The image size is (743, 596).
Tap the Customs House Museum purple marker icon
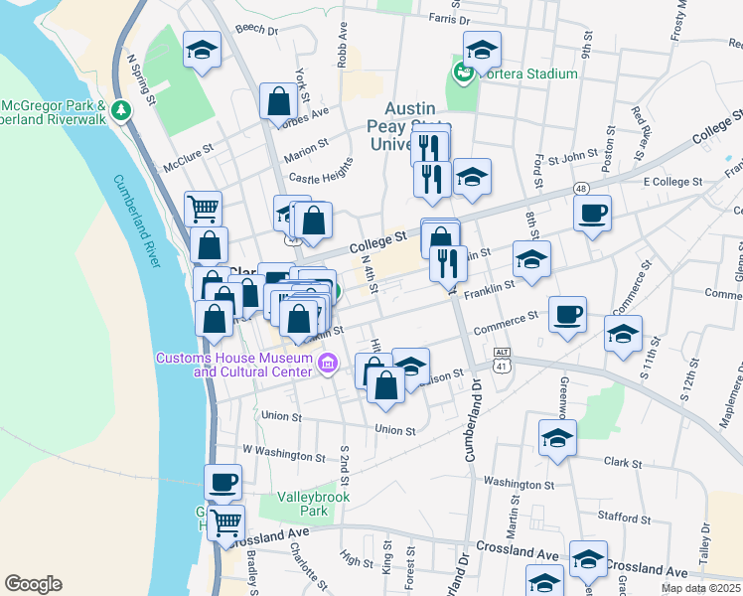click(x=330, y=365)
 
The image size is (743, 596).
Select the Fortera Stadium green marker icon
click(x=462, y=73)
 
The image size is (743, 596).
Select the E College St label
click(x=672, y=182)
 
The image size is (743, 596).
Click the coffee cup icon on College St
click(x=592, y=213)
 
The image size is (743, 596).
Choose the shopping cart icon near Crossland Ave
click(x=226, y=521)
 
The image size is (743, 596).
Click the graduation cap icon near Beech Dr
click(x=202, y=50)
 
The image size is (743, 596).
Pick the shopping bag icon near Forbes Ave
click(x=279, y=100)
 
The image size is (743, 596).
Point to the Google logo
click(x=33, y=584)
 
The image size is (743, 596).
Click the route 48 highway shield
click(x=581, y=187)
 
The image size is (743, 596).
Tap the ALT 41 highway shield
click(x=503, y=359)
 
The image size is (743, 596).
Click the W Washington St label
click(x=284, y=454)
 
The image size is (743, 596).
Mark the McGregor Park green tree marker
click(x=121, y=110)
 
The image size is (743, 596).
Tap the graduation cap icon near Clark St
click(x=557, y=437)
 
